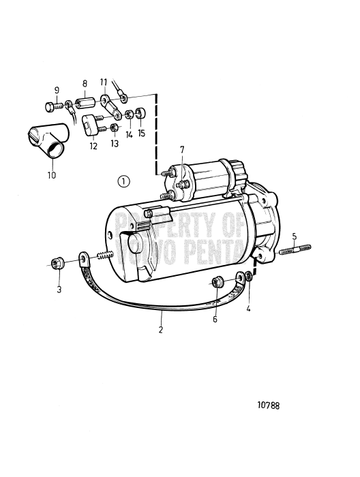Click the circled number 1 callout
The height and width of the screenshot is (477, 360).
click(123, 182)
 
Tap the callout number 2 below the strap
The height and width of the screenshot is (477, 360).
click(161, 329)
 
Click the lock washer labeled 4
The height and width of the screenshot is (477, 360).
click(249, 277)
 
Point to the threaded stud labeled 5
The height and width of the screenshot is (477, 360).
click(295, 249)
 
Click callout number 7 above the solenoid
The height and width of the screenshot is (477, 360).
click(182, 149)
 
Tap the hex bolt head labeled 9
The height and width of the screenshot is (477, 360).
click(50, 107)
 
